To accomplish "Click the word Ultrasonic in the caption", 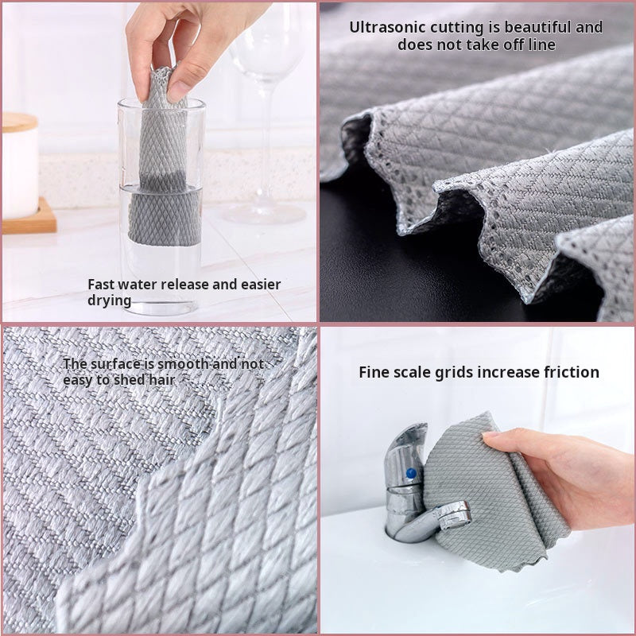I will (385, 27).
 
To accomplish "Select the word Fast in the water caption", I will (103, 284).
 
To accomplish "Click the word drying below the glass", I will (109, 301).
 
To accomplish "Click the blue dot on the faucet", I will (410, 474).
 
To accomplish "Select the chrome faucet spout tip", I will (457, 515).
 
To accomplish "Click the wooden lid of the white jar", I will (19, 122).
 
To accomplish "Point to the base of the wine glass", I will (254, 213).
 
